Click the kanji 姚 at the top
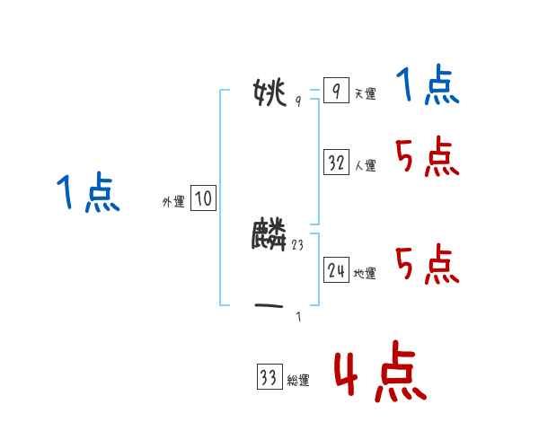[270, 92]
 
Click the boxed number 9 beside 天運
[335, 92]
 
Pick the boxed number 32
[336, 163]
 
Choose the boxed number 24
[336, 269]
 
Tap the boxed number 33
[269, 377]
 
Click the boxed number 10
[203, 198]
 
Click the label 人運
[365, 165]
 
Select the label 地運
[365, 273]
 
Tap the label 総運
[297, 381]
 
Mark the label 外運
[172, 202]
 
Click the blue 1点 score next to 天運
[427, 88]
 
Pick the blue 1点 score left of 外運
[88, 193]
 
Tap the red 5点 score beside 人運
[427, 158]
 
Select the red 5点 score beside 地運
[427, 265]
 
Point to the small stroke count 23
[298, 243]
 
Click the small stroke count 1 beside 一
[298, 315]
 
